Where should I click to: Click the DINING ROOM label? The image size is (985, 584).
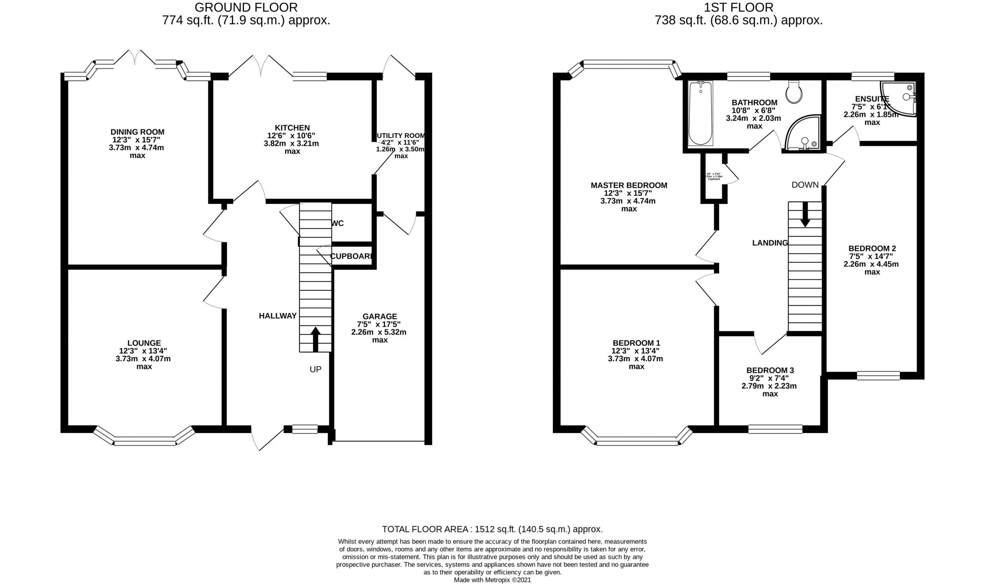point(137,132)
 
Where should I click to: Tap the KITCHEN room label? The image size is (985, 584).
point(292,128)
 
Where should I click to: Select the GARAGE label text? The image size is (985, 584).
point(379,316)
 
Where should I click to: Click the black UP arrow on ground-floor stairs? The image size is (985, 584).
point(315,339)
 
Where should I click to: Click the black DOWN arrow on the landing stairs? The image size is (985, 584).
point(805,214)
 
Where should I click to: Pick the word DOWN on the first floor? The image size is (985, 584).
point(805,185)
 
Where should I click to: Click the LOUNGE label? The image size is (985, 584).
point(144,343)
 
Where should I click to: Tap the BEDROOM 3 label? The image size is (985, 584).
point(770,370)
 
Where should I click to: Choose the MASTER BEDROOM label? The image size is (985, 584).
point(629,185)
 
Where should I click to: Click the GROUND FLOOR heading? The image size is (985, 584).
point(246,7)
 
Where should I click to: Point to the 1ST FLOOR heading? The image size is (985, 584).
point(738,7)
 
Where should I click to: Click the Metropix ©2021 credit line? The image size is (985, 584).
point(492,580)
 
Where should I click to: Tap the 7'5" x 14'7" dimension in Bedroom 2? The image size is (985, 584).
point(872,256)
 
